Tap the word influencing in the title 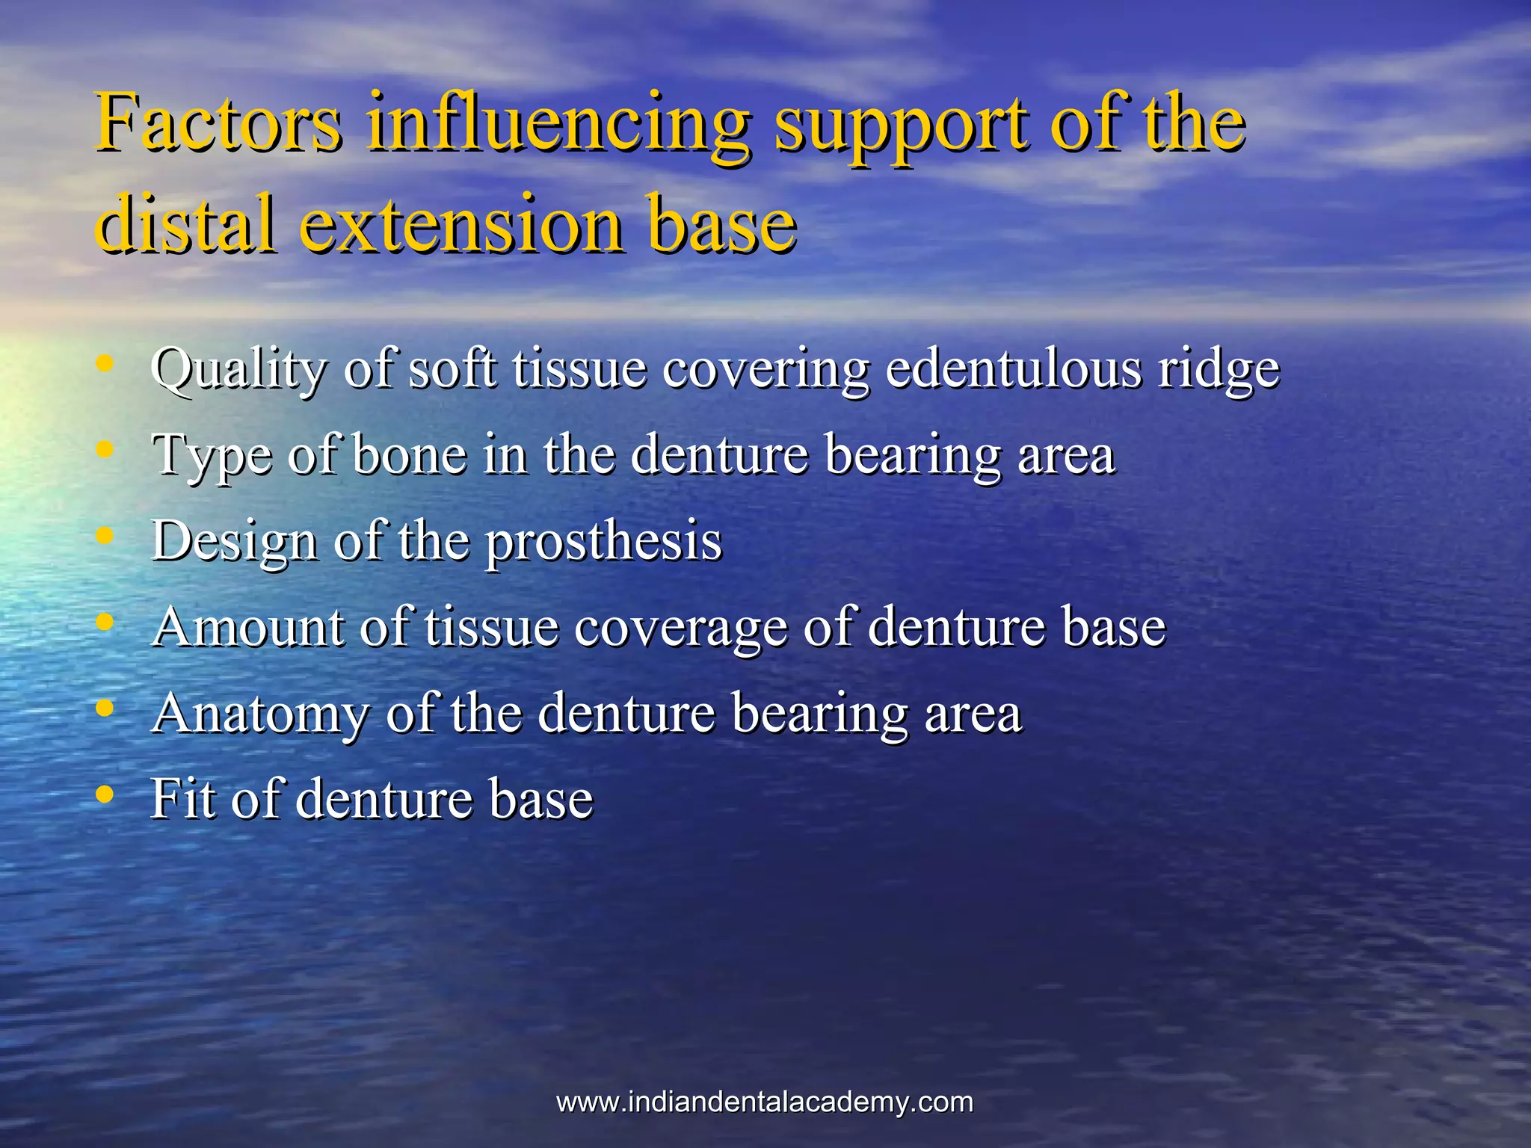(x=557, y=123)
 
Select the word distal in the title (x=186, y=222)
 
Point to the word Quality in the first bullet (x=238, y=370)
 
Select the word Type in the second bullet (x=212, y=456)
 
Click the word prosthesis (x=604, y=541)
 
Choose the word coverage (x=680, y=628)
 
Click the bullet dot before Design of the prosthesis (x=105, y=536)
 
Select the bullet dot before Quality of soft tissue (x=105, y=364)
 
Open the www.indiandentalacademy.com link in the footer (x=765, y=1102)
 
